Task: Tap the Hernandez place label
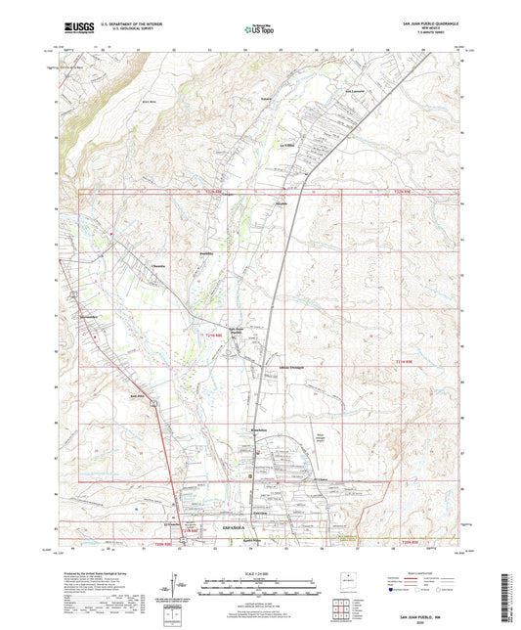click(x=90, y=318)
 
